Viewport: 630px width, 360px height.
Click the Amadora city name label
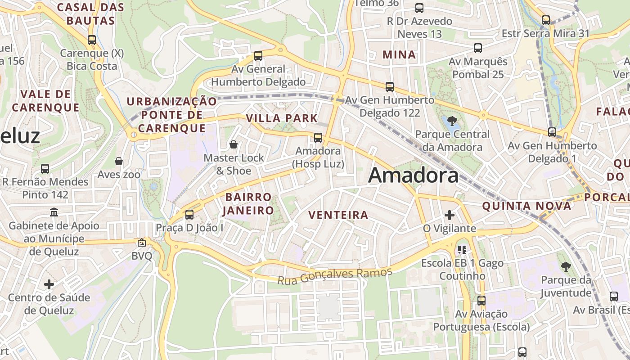[x=413, y=175]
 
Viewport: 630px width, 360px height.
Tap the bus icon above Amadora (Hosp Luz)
[x=318, y=138]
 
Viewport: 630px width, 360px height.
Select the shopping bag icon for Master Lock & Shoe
[x=234, y=144]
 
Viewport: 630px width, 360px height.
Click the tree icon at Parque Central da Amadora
[x=452, y=121]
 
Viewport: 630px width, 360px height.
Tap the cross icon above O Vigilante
[x=449, y=215]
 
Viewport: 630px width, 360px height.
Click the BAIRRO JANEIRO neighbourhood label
[x=248, y=203]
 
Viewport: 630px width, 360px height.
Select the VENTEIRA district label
[x=338, y=215]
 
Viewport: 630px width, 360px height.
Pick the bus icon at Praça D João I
[x=189, y=215]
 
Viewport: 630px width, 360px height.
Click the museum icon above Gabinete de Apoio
[x=54, y=212]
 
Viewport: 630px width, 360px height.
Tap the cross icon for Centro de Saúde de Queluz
[x=49, y=284]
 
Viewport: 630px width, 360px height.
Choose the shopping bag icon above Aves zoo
[x=119, y=161]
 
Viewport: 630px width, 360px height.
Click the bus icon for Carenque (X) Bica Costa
[x=92, y=40]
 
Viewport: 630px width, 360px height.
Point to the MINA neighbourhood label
[x=399, y=54]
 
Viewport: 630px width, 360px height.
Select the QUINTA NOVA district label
[x=526, y=206]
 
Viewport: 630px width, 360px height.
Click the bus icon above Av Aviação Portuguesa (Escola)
[x=481, y=300]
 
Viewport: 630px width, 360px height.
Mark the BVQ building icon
[x=142, y=243]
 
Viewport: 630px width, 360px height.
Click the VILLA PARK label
[x=282, y=118]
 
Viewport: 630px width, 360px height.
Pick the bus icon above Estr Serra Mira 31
[x=546, y=20]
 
